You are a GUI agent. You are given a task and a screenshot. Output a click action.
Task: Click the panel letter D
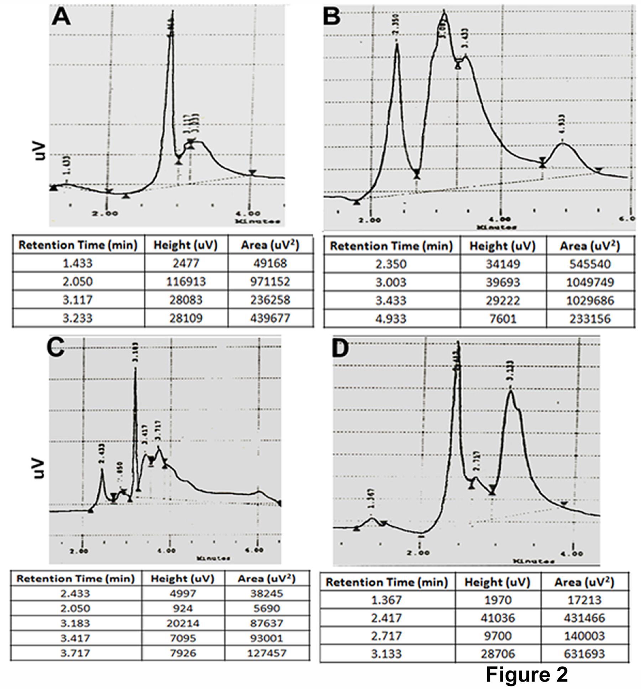click(340, 350)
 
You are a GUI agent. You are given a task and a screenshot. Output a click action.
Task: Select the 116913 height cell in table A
click(186, 282)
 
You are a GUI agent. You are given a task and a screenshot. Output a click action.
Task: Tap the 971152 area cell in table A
click(270, 282)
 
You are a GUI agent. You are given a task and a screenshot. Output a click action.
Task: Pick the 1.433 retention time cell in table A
click(78, 263)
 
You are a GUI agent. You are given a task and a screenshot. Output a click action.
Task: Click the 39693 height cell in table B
click(502, 282)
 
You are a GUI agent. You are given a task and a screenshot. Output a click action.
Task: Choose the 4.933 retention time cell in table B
click(391, 318)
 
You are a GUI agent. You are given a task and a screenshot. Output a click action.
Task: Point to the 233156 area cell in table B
click(590, 318)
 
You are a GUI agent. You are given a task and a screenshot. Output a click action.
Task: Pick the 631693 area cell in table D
click(584, 654)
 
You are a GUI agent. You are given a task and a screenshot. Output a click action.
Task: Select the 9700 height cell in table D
click(497, 636)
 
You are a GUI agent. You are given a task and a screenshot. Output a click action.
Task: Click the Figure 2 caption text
click(527, 674)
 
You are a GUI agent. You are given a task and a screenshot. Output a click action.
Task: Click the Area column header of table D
click(584, 582)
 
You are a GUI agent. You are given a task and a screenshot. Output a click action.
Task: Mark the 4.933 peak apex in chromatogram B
click(563, 143)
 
